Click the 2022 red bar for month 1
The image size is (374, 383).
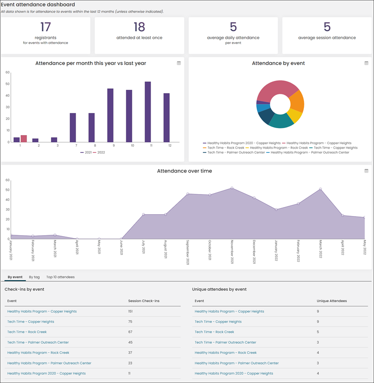click(x=24, y=138)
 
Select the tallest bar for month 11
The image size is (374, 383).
click(x=148, y=112)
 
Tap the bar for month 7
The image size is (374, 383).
click(x=73, y=128)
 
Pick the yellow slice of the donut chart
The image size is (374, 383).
click(x=295, y=116)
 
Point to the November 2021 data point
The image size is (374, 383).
click(x=232, y=188)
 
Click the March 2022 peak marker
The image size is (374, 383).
click(x=320, y=189)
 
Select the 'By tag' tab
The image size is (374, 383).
click(x=34, y=277)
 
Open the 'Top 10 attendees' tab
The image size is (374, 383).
click(x=60, y=277)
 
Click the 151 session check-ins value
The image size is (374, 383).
click(x=130, y=311)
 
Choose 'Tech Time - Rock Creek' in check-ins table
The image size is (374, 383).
click(x=27, y=332)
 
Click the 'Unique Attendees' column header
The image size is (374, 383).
click(x=332, y=301)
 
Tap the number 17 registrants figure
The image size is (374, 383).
click(x=46, y=27)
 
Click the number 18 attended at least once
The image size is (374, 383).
click(x=139, y=27)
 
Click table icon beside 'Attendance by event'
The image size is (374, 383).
click(x=367, y=63)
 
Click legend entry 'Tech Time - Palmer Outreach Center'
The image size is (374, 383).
click(x=234, y=152)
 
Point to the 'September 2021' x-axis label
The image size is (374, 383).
click(x=187, y=252)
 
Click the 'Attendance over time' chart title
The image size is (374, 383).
click(x=185, y=171)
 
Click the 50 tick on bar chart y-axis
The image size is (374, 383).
click(x=7, y=84)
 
